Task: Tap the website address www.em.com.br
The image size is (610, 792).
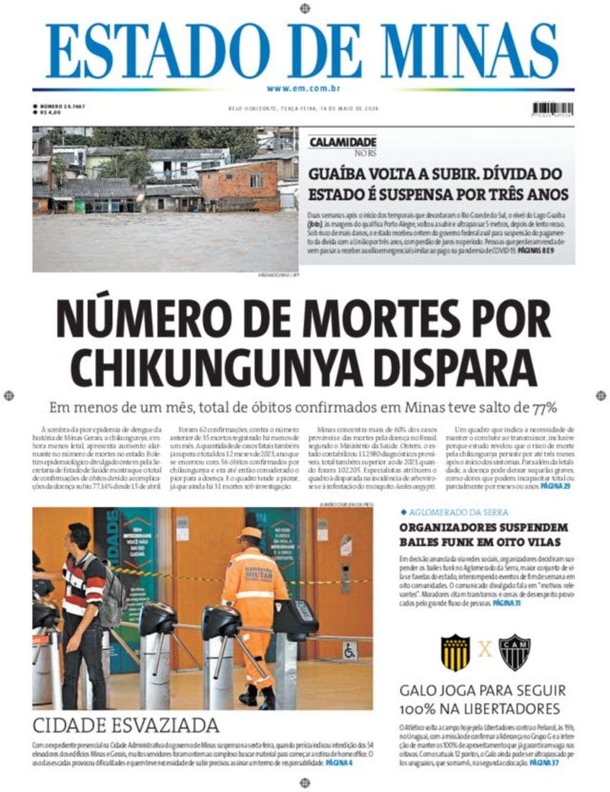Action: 303,88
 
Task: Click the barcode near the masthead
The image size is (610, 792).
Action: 553,109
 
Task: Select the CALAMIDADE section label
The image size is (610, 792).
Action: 343,142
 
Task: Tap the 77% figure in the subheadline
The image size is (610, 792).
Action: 544,408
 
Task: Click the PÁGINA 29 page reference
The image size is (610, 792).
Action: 555,487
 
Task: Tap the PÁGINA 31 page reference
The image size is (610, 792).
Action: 506,603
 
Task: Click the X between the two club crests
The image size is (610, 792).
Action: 485,650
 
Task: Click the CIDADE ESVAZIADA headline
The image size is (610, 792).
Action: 126,725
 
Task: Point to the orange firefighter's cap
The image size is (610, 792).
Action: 250,532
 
